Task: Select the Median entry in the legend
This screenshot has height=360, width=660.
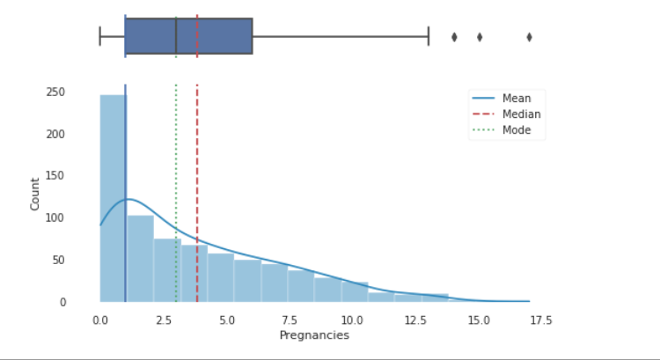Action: click(x=521, y=114)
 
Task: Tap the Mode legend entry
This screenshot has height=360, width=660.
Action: click(x=516, y=130)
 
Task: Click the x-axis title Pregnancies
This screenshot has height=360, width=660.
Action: click(x=314, y=335)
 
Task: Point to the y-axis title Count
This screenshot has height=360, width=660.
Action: click(x=35, y=195)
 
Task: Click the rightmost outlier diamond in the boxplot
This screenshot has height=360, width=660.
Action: click(x=530, y=37)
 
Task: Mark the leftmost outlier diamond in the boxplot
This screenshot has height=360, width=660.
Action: click(x=454, y=37)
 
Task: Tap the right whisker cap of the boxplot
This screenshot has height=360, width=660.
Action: click(x=429, y=36)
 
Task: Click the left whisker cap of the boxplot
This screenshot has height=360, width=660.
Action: click(x=100, y=36)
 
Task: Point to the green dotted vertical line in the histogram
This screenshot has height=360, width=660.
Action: click(x=176, y=176)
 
